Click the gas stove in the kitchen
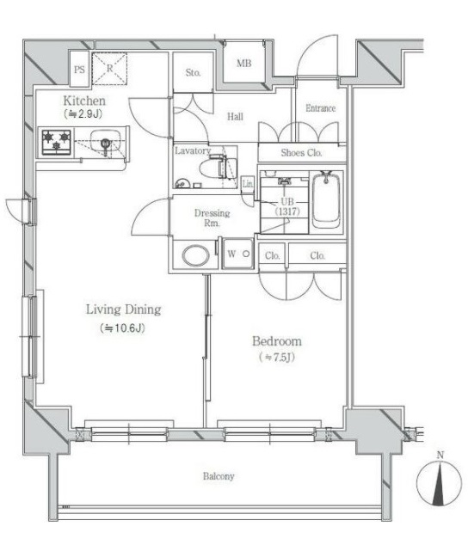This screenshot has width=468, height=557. pyautogui.click(x=56, y=142)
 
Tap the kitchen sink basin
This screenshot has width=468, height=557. pyautogui.click(x=105, y=141)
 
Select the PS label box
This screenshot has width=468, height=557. pyautogui.click(x=79, y=70)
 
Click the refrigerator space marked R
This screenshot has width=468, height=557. pyautogui.click(x=109, y=69)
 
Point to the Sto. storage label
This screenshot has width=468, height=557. pyautogui.click(x=193, y=73)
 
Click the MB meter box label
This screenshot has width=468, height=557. pyautogui.click(x=244, y=64)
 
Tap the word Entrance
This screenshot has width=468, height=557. pyautogui.click(x=320, y=108)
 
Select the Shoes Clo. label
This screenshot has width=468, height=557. pyautogui.click(x=301, y=153)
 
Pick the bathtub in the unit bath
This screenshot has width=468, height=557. pyautogui.click(x=326, y=201)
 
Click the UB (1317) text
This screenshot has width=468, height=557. pyautogui.click(x=287, y=207)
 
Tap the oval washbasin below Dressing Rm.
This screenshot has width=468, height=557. pyautogui.click(x=195, y=254)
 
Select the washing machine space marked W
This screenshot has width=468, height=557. pyautogui.click(x=238, y=254)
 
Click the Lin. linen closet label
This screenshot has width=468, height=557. pyautogui.click(x=248, y=184)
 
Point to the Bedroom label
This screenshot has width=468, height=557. pyautogui.click(x=277, y=341)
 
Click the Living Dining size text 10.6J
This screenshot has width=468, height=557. pyautogui.click(x=123, y=327)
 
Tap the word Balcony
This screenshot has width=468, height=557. pyautogui.click(x=219, y=476)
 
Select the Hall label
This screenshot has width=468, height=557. pyautogui.click(x=236, y=117)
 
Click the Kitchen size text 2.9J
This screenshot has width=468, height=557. pyautogui.click(x=84, y=113)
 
